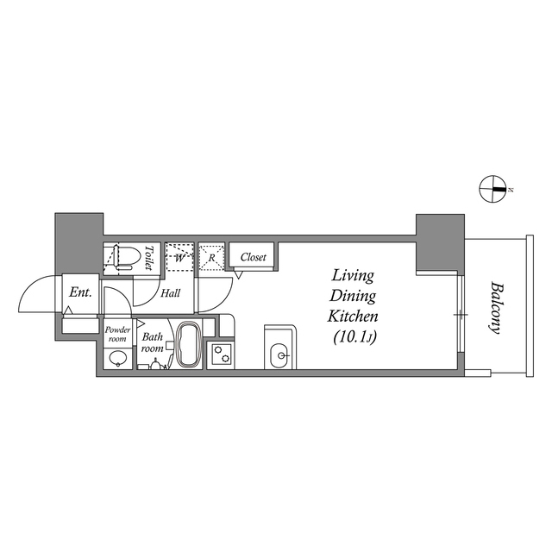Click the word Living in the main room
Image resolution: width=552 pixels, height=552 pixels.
point(354,277)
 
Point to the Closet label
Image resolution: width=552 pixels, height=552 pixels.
point(253,257)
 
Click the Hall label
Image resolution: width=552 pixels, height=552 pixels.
point(170,293)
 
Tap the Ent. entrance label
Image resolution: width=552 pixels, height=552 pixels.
point(80,293)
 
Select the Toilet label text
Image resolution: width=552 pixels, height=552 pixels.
point(148,259)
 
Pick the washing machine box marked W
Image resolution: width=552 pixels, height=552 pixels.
point(179,256)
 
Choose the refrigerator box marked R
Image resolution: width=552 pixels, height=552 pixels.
point(211,256)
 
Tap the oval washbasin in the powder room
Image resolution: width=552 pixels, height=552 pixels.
point(117,360)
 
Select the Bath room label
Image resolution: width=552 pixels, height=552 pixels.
point(154,342)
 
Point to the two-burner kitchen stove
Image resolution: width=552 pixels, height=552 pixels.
point(221,355)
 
